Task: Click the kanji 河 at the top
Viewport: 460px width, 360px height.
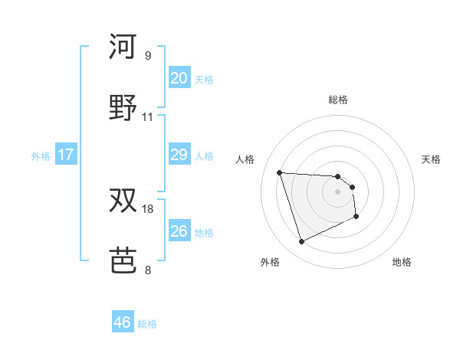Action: pos(123,47)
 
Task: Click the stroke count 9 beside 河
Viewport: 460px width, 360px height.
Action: pos(147,55)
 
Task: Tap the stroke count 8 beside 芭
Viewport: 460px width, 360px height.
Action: pos(147,270)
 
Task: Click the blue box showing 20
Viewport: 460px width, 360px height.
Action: pos(179,78)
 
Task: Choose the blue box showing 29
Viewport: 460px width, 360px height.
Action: pos(179,155)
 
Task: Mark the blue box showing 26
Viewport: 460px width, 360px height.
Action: pos(179,231)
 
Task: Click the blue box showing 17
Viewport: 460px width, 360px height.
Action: pos(66,155)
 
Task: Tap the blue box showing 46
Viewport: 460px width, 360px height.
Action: pos(123,322)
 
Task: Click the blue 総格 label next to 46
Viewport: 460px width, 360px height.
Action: pos(147,324)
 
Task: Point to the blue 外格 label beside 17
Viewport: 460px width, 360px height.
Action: pos(41,156)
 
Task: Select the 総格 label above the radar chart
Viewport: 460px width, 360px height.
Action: pos(338,100)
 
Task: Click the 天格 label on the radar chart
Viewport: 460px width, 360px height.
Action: pos(431,159)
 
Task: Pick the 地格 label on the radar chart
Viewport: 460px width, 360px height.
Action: pos(402,262)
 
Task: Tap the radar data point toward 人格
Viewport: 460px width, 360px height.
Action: pos(280,172)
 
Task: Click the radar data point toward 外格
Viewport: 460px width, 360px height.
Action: pos(301,242)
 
